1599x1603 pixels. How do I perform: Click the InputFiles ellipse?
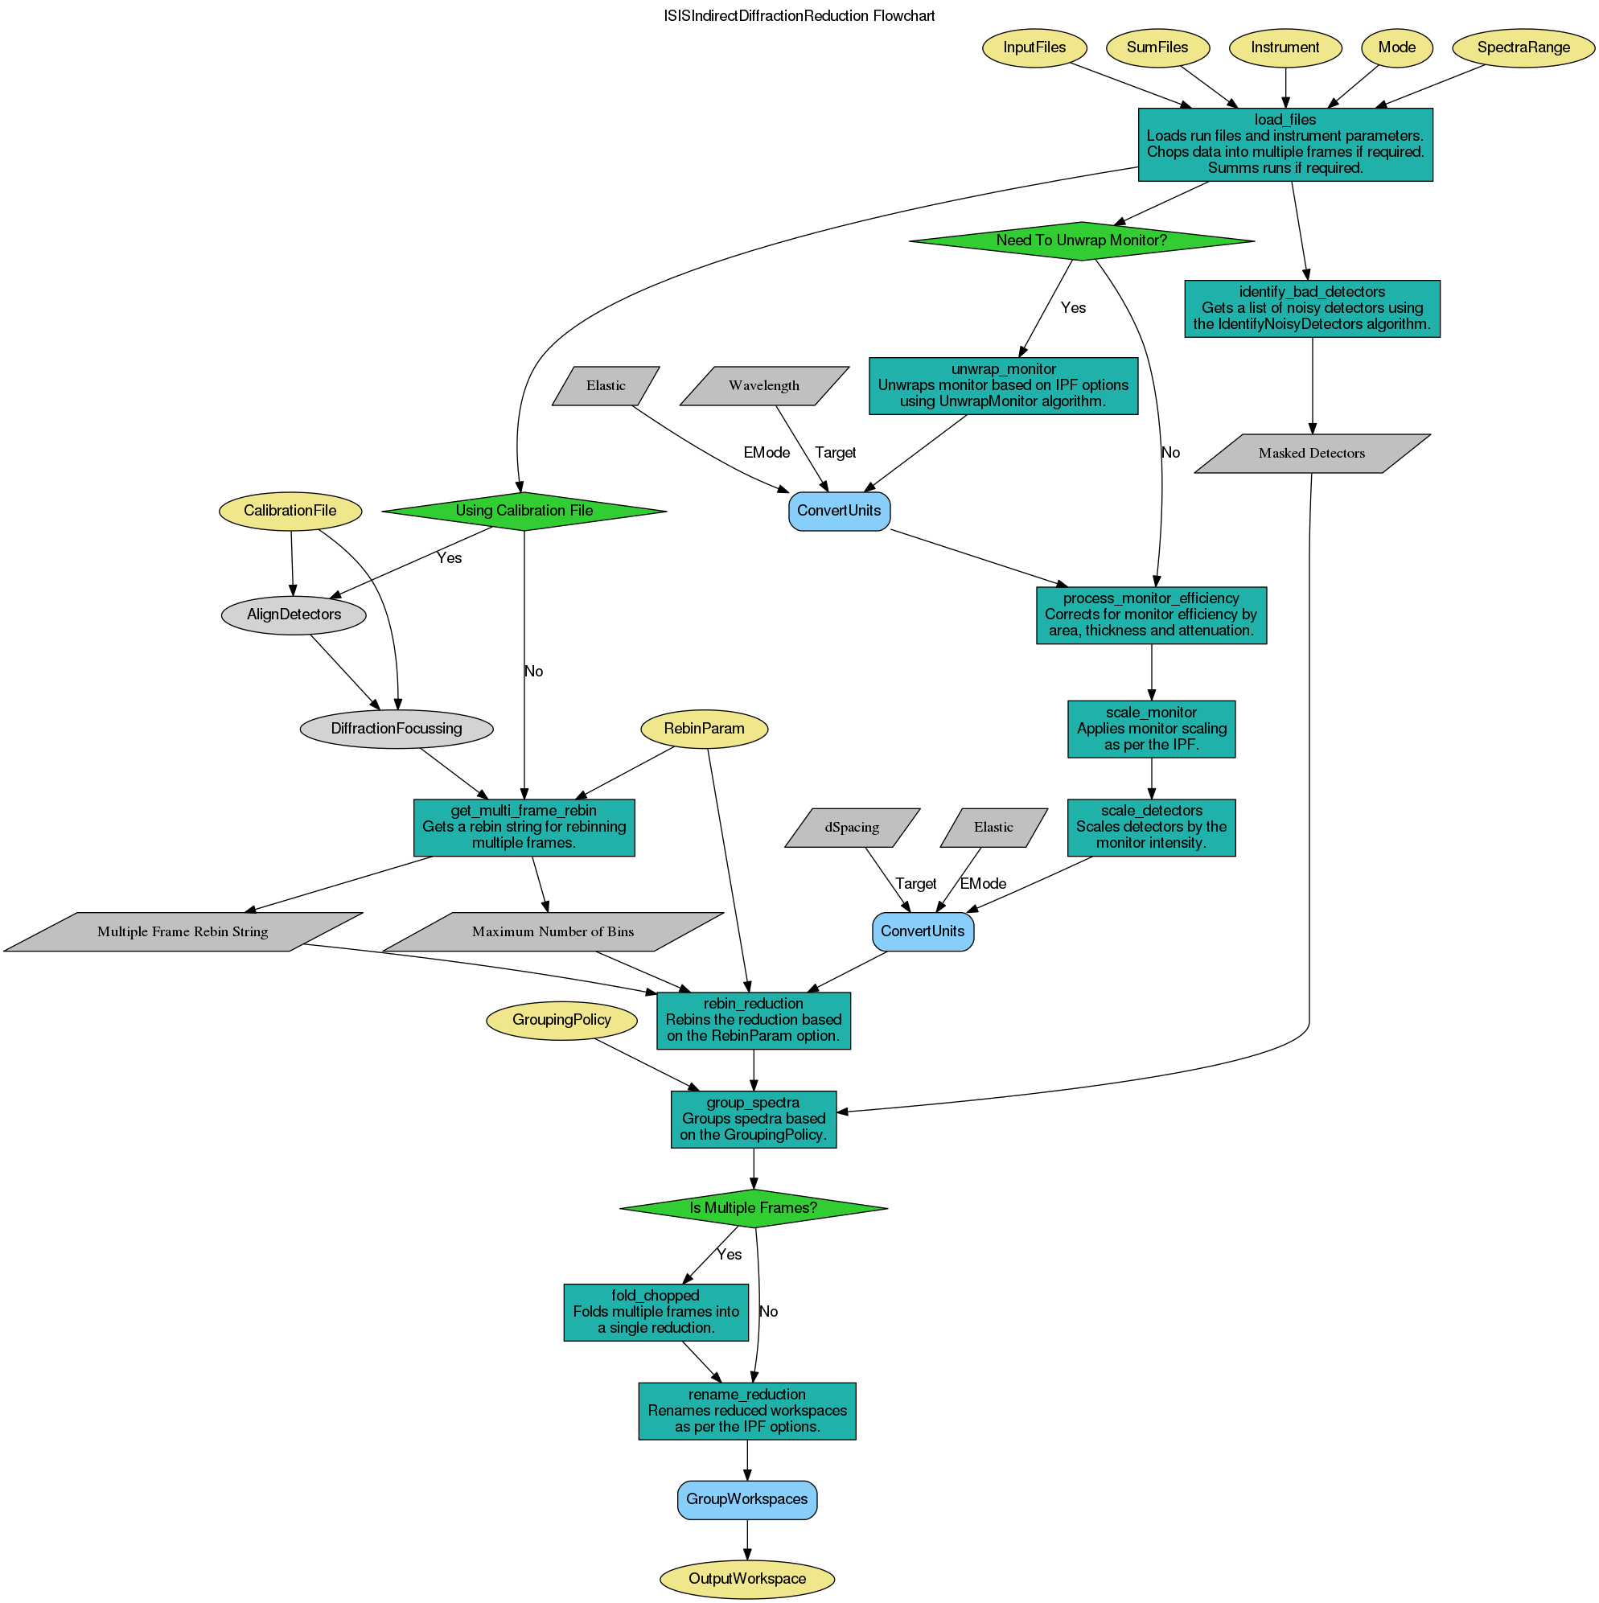(x=1034, y=47)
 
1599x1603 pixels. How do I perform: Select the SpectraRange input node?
(x=1523, y=47)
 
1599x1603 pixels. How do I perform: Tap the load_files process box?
(x=1285, y=144)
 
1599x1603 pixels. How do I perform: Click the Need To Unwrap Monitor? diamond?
(x=1081, y=240)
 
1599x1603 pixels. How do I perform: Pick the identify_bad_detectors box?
(x=1311, y=309)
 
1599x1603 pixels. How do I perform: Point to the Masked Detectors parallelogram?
(x=1311, y=453)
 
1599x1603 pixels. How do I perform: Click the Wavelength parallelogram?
(x=763, y=386)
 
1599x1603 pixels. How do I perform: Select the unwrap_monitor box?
(x=1002, y=386)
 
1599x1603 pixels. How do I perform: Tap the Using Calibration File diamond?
(x=524, y=510)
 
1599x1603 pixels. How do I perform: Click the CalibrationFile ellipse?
(x=290, y=510)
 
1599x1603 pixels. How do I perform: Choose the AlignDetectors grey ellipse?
(x=294, y=614)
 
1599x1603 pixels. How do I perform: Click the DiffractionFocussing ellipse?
(x=396, y=730)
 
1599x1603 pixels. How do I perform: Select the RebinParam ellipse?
(x=705, y=729)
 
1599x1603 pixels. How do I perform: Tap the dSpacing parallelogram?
(x=853, y=827)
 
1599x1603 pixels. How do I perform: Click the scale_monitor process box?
(x=1151, y=730)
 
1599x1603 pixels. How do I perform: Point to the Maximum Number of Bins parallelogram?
(x=553, y=931)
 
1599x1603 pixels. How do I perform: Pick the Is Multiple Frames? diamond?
(x=753, y=1208)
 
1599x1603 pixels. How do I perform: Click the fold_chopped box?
(x=655, y=1312)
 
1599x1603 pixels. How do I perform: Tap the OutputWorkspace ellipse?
(x=746, y=1579)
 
